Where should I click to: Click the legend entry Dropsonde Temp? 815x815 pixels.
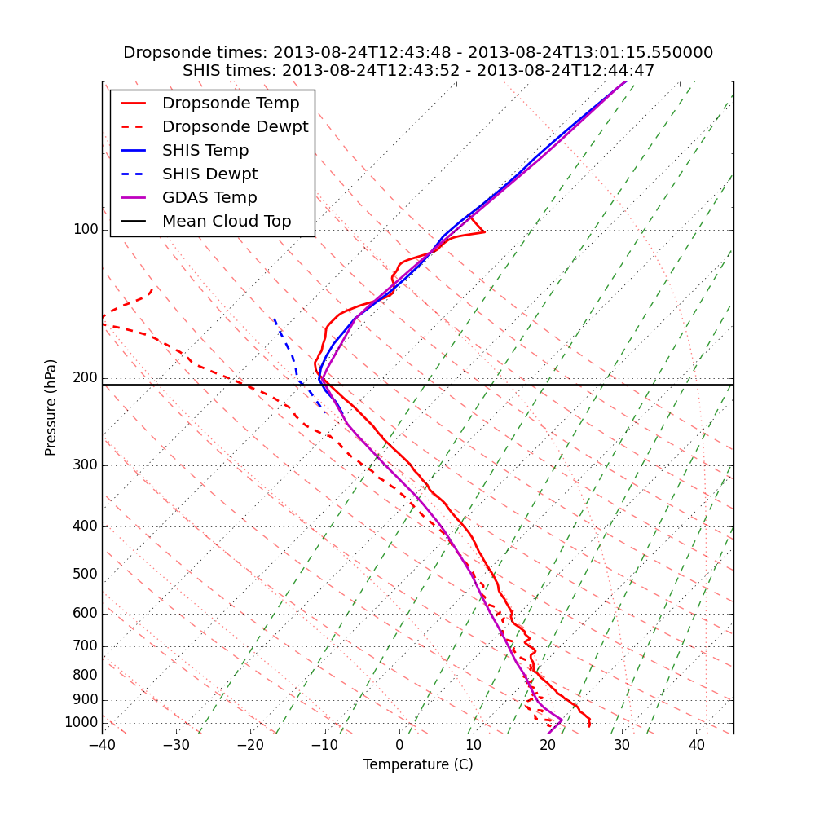click(x=231, y=104)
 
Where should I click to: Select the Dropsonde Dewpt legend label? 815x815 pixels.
click(x=235, y=127)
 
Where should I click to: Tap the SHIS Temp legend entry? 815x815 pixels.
click(x=205, y=151)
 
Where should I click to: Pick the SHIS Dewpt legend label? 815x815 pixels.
click(x=209, y=174)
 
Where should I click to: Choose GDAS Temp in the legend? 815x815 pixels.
click(x=209, y=198)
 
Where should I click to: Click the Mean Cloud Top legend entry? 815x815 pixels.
click(x=227, y=222)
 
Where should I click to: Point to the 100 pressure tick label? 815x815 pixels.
click(x=85, y=230)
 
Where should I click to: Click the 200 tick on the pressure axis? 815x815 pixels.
click(x=85, y=378)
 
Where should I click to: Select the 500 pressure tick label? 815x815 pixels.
click(x=85, y=575)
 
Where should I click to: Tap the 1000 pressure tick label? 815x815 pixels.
click(x=81, y=723)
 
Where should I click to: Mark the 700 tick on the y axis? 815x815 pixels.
click(x=85, y=646)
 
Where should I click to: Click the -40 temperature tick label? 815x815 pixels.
click(x=102, y=745)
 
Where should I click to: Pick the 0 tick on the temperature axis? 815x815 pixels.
click(x=399, y=745)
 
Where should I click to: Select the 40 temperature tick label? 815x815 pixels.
click(x=696, y=745)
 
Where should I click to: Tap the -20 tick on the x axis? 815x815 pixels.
click(x=250, y=745)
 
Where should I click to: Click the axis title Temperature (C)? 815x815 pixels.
click(x=418, y=764)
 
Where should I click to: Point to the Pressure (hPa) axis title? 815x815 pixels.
click(x=51, y=407)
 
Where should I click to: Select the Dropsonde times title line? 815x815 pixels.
click(x=418, y=53)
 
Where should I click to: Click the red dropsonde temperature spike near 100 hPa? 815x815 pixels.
click(x=483, y=231)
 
